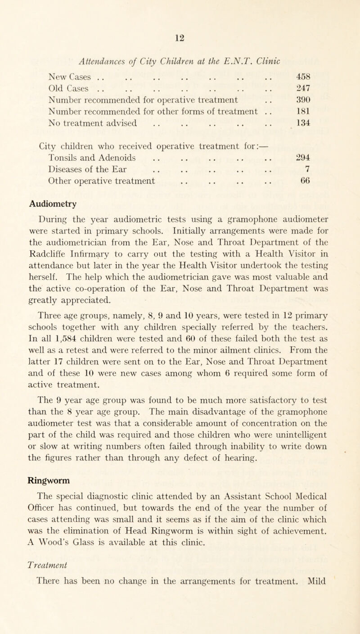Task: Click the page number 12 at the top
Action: pyautogui.click(x=180, y=8)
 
